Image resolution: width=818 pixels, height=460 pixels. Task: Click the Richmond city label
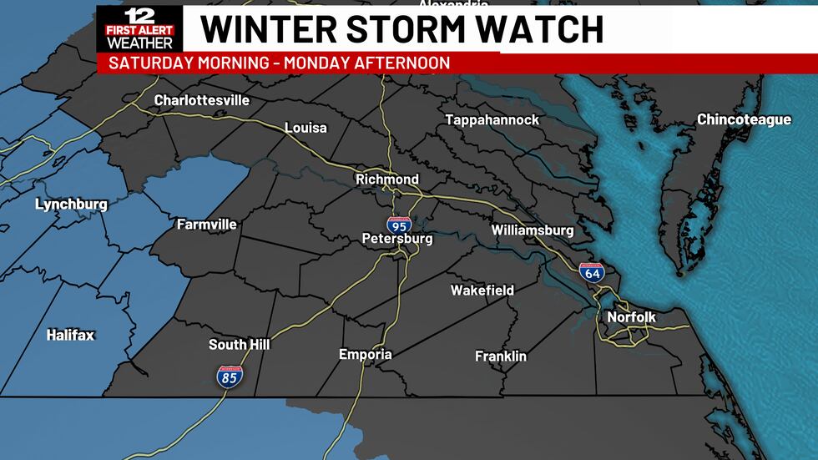point(387,179)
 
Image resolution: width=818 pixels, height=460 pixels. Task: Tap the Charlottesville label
point(202,100)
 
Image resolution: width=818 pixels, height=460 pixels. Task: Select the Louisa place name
point(305,128)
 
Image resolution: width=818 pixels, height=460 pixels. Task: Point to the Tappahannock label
point(492,120)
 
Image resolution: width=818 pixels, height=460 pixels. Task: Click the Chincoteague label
point(744,120)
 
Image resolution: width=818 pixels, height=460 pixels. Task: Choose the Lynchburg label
point(71,205)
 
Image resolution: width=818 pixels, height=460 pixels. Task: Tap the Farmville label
point(206,225)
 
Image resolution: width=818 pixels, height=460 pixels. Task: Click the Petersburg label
point(397,239)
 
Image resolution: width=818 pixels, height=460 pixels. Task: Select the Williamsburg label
point(533,230)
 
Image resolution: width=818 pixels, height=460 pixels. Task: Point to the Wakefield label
point(482,291)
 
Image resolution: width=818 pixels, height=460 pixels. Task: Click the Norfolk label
point(631,317)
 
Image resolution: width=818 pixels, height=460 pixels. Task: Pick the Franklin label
point(501,356)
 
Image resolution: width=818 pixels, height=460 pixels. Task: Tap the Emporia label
point(365,355)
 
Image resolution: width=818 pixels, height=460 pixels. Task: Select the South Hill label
point(239,345)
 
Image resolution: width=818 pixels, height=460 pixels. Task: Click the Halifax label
point(70,336)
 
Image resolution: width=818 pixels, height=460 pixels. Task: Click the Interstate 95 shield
point(398,224)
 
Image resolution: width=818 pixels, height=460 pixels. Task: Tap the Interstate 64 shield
point(592,271)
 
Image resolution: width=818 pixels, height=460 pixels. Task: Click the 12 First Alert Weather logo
point(139,28)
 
